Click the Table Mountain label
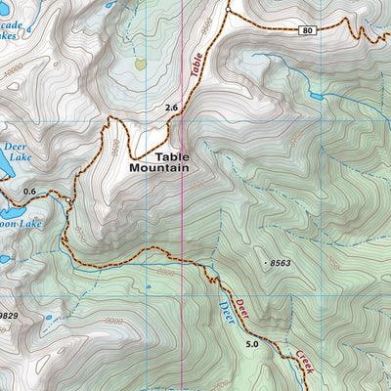coord(158,161)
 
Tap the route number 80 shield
coord(309,31)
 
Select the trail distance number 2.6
coord(173,107)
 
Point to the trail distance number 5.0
coord(253,344)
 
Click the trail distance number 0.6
coord(28,191)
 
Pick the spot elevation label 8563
coord(281,263)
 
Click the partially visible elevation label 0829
coord(9,316)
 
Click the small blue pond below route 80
coord(315,97)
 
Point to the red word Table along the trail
coord(199,67)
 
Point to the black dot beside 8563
coord(266,263)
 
